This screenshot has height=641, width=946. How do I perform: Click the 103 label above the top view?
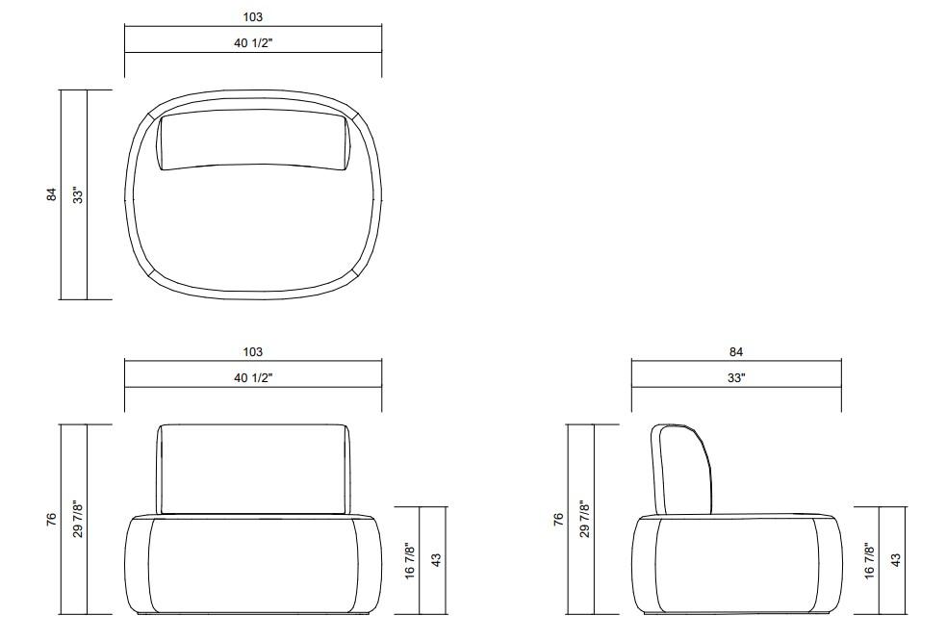(x=253, y=17)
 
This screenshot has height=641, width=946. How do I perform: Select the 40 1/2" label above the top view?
(x=253, y=43)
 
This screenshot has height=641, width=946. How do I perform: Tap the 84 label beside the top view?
(x=52, y=194)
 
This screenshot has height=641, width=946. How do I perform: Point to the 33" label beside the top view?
(x=78, y=194)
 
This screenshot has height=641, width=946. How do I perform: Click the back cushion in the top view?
(x=254, y=141)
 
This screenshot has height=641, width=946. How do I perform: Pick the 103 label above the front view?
(x=253, y=351)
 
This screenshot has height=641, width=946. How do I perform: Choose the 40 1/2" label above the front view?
(x=253, y=377)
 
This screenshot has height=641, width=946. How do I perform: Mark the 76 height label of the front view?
(x=52, y=519)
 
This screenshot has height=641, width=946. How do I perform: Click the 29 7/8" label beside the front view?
(x=78, y=519)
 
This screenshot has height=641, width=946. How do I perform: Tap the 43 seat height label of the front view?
(x=436, y=560)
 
